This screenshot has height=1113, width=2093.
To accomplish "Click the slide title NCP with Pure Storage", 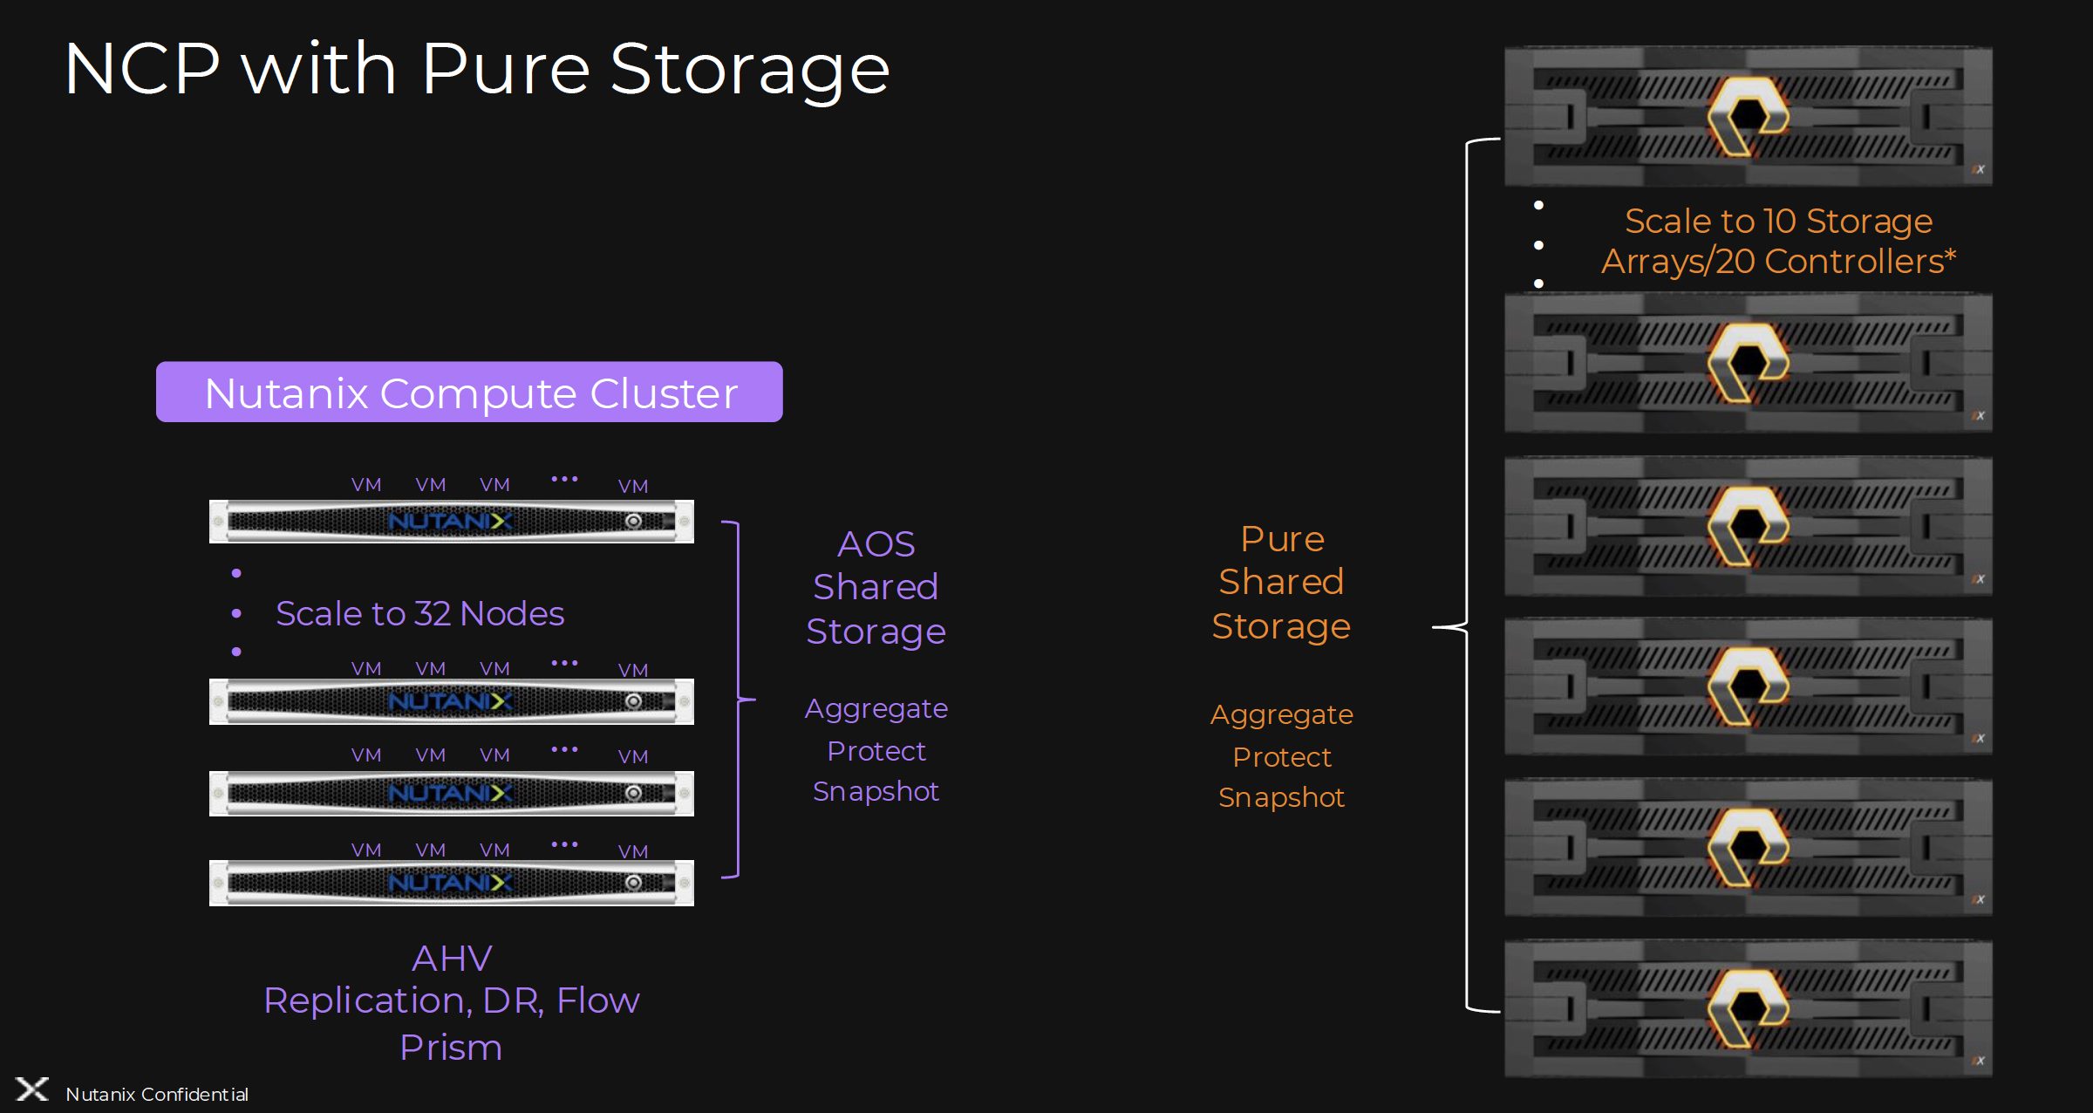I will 476,70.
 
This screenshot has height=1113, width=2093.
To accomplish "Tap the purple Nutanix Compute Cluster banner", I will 469,393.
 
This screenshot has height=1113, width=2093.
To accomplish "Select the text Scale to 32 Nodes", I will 419,614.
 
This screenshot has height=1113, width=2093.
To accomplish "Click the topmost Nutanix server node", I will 451,522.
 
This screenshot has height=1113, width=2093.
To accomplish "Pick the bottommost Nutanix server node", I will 451,883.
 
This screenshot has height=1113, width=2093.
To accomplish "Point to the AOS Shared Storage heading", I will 876,587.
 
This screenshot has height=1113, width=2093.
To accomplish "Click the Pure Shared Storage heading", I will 1281,582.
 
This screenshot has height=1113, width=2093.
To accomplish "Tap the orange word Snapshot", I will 1281,797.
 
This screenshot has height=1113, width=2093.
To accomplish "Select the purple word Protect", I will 876,751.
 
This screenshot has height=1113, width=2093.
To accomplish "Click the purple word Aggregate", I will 876,708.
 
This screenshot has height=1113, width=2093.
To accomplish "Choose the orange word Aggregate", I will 1281,714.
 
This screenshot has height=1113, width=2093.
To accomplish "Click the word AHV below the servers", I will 452,959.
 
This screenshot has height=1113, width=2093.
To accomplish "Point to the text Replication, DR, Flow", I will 452,1000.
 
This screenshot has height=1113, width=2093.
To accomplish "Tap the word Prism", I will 451,1048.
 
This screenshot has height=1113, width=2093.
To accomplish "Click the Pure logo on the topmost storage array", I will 1747,116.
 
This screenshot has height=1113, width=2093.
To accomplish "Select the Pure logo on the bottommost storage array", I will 1747,1007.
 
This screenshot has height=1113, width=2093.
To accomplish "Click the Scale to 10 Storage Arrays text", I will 1778,242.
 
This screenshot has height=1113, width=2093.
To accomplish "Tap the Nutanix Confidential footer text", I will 157,1095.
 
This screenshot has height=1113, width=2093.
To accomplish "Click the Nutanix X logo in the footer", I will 32,1089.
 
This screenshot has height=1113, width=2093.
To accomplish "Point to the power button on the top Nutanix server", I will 634,522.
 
